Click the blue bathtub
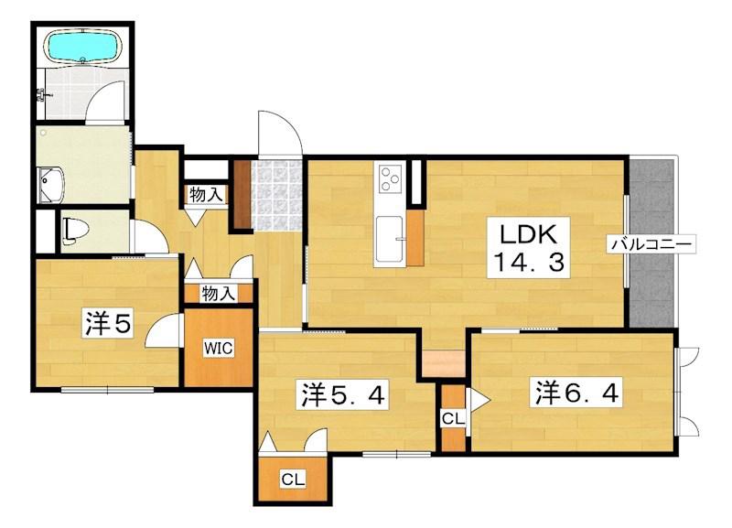coord(83,47)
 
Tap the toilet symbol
coord(74,232)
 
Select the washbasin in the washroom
coord(51,185)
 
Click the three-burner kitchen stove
coord(390,178)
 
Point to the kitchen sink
coord(389,239)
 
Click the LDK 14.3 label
coord(529,247)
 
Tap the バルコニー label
coord(651,244)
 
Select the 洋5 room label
coord(108,323)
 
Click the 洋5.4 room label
coord(343,395)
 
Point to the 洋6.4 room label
coord(577,393)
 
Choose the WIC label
coord(219,348)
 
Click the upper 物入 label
coord(207,195)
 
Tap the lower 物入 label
coord(219,293)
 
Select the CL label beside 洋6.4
coord(453,418)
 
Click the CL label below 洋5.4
coord(293,479)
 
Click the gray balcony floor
coord(651,242)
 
